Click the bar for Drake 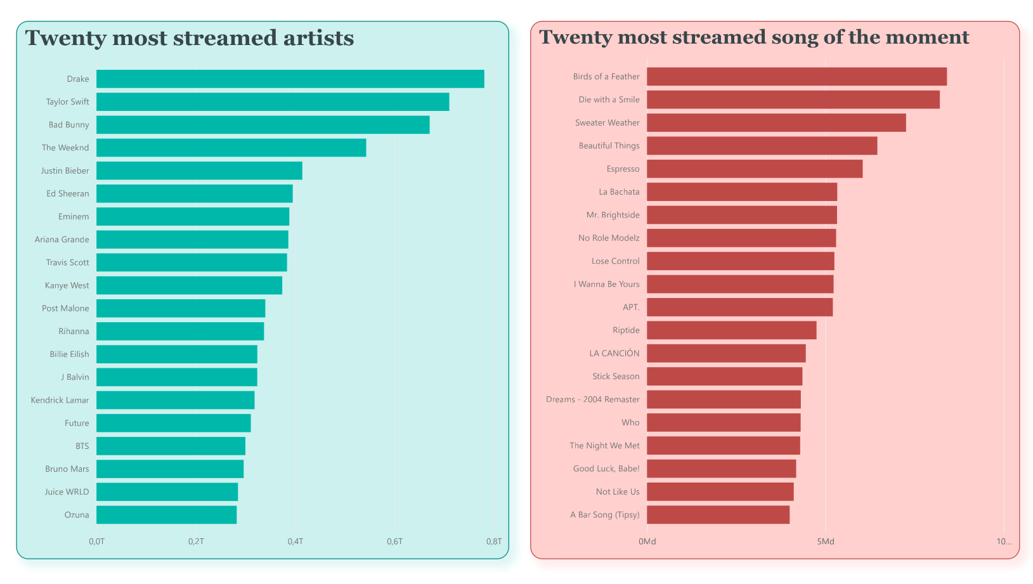click(x=290, y=79)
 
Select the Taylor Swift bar click(x=273, y=101)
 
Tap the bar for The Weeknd click(x=231, y=148)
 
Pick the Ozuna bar click(x=166, y=515)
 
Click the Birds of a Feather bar click(x=796, y=77)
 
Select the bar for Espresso click(x=755, y=169)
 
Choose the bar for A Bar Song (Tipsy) click(x=718, y=515)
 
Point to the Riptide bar click(x=731, y=330)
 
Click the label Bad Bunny click(x=68, y=125)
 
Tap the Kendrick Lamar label click(x=60, y=400)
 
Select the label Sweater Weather click(x=607, y=123)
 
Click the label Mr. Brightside click(x=613, y=215)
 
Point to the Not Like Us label click(x=617, y=492)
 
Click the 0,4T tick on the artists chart click(x=295, y=542)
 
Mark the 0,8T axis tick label click(x=493, y=542)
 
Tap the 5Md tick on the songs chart click(x=825, y=542)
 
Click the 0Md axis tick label click(x=647, y=542)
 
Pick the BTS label click(x=82, y=446)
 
